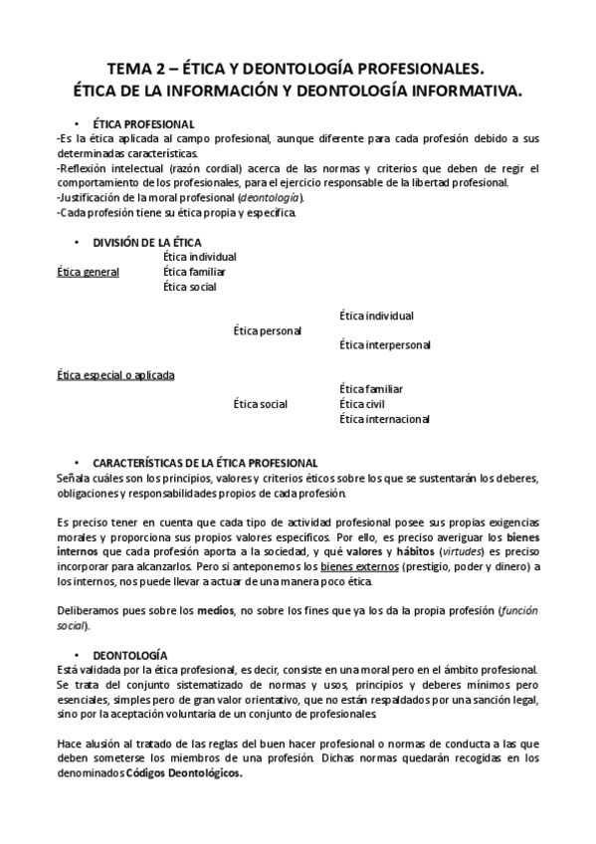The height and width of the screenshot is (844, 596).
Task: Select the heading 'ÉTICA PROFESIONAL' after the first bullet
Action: [137, 123]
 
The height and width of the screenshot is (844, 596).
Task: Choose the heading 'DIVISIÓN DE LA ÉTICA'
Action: [146, 242]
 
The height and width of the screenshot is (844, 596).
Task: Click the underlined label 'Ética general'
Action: [89, 272]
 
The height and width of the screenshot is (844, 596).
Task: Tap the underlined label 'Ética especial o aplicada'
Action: [115, 375]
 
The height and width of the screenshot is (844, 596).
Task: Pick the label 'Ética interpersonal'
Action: [384, 345]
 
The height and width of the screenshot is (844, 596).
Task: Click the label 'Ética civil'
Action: [362, 404]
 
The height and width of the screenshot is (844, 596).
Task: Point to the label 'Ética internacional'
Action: [384, 419]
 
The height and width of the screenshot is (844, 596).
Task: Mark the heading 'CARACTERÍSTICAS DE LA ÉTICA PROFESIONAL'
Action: [205, 464]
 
